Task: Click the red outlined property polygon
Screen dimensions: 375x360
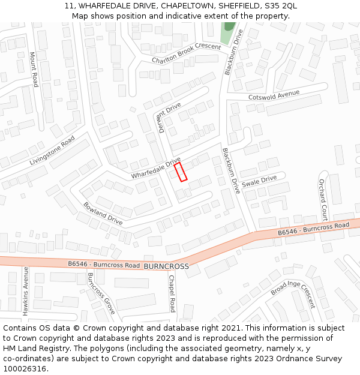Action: [181, 172]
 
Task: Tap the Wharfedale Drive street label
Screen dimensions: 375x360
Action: [155, 169]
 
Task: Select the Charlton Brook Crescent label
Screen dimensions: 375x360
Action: [186, 54]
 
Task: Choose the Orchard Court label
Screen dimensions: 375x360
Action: [323, 200]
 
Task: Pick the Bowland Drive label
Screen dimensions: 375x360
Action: [103, 213]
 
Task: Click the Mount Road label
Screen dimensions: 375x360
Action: [34, 69]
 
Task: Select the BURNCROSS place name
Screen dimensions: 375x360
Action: [166, 266]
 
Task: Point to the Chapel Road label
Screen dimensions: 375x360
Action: [172, 293]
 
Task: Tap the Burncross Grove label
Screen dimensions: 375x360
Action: [101, 293]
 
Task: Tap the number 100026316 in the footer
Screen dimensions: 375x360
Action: [25, 369]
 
